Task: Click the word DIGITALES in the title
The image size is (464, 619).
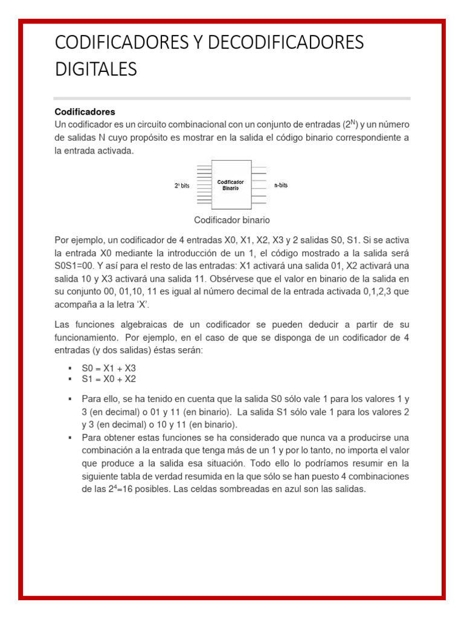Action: click(96, 70)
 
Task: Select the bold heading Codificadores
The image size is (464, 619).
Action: click(85, 112)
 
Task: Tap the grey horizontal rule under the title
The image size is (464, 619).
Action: click(232, 98)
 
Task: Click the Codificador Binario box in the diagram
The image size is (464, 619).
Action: click(230, 184)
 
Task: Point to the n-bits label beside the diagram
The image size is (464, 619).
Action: click(281, 185)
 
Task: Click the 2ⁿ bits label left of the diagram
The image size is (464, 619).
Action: click(182, 186)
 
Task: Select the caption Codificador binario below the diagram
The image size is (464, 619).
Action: click(231, 220)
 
